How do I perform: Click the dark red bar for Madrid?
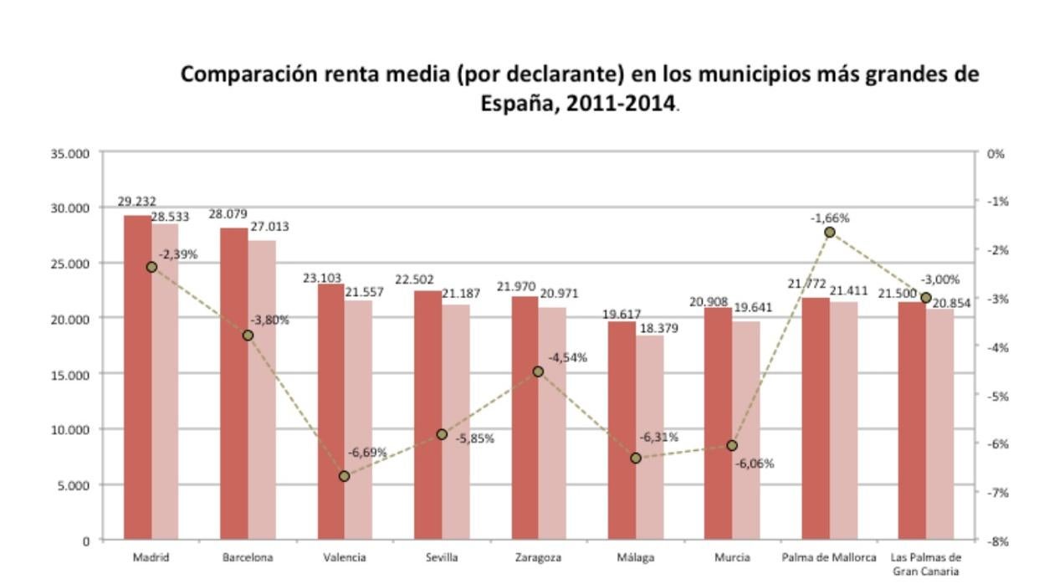coord(137,377)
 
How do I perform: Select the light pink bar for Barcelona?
coord(262,389)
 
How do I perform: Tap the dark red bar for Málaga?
coord(622,430)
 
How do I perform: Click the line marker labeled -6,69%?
coord(344,476)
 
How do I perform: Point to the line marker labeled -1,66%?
coord(829,232)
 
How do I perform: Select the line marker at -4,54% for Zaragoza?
coord(538,371)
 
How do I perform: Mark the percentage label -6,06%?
coord(754,464)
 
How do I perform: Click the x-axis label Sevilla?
coord(442,557)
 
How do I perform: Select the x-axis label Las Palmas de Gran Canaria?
coord(925,564)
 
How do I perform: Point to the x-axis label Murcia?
coord(732,557)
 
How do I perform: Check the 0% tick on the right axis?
coord(995,154)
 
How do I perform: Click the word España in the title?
coord(513,105)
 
